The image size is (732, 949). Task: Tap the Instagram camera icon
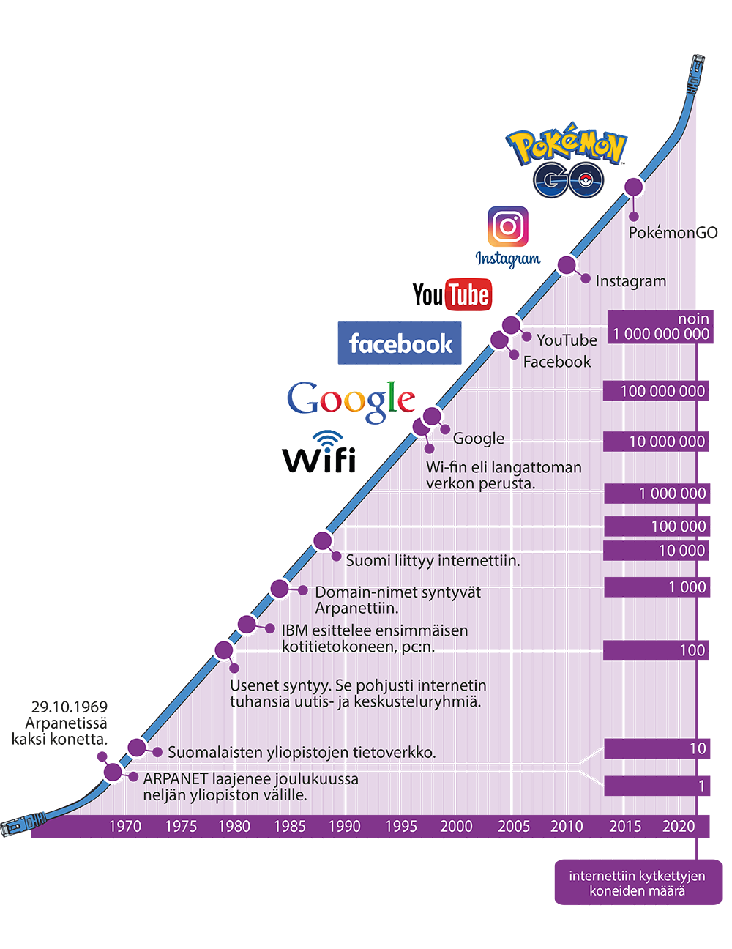pyautogui.click(x=508, y=226)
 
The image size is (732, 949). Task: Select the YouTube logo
pyautogui.click(x=452, y=294)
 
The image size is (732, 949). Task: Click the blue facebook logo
pyautogui.click(x=400, y=343)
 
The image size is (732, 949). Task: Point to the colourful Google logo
pyautogui.click(x=351, y=401)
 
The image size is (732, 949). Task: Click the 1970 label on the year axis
pyautogui.click(x=125, y=826)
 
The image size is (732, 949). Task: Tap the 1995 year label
pyautogui.click(x=400, y=826)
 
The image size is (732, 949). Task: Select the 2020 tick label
pyautogui.click(x=679, y=826)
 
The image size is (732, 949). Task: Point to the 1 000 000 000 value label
pyautogui.click(x=661, y=334)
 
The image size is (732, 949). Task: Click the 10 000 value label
pyautogui.click(x=681, y=551)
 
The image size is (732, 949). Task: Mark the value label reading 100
pyautogui.click(x=692, y=650)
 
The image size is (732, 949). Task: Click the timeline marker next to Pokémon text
pyautogui.click(x=634, y=187)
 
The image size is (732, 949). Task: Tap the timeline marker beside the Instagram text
pyautogui.click(x=567, y=265)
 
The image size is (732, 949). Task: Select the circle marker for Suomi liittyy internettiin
pyautogui.click(x=323, y=541)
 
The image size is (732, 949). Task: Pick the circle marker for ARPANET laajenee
pyautogui.click(x=113, y=772)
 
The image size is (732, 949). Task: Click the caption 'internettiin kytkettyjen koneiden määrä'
pyautogui.click(x=637, y=884)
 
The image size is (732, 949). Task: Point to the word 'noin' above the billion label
pyautogui.click(x=693, y=319)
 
